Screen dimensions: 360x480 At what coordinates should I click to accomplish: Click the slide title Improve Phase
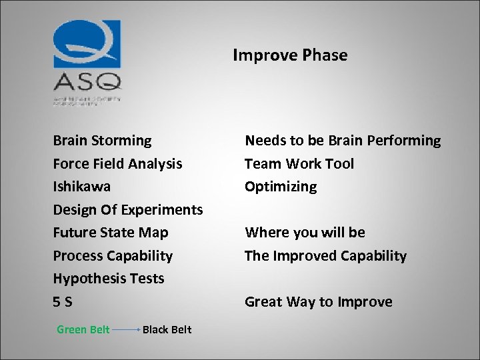pos(290,55)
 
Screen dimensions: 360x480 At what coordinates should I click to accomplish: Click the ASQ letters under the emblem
pos(87,82)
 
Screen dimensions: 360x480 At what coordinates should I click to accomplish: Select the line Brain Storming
pos(102,141)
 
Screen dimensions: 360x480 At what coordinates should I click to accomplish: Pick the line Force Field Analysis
pos(117,163)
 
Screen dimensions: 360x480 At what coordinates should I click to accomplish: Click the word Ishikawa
pos(82,187)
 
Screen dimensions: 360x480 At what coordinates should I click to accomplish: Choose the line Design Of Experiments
pos(128,209)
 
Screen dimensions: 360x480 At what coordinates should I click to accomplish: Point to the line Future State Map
pos(111,233)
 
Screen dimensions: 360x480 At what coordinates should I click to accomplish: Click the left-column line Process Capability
pos(113,255)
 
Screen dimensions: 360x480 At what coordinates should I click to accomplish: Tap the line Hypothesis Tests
pos(109,279)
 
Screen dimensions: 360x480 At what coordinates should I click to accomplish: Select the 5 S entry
pos(63,302)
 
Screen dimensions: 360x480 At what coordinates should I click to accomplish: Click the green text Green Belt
pos(83,329)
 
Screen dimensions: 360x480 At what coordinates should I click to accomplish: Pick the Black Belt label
pos(167,329)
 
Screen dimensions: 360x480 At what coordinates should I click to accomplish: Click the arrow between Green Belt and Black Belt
pos(125,329)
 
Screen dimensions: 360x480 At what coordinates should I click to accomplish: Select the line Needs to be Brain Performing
pos(343,141)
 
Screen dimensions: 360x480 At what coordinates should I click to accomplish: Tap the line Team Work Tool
pos(299,163)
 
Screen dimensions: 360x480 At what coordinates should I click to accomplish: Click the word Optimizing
pos(281,187)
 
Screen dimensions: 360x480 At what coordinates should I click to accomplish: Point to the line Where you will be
pos(305,233)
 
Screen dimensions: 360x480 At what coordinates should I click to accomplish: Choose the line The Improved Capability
pos(325,255)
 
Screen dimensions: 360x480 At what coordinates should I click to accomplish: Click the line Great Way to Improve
pos(318,302)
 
